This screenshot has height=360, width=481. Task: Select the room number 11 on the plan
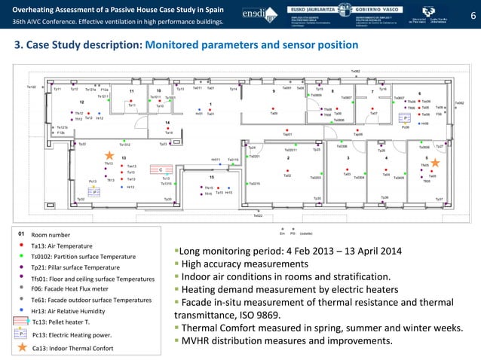[x=131, y=93]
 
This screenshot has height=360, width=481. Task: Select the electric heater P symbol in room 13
[x=96, y=192]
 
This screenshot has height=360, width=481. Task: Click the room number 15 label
[x=212, y=178]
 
